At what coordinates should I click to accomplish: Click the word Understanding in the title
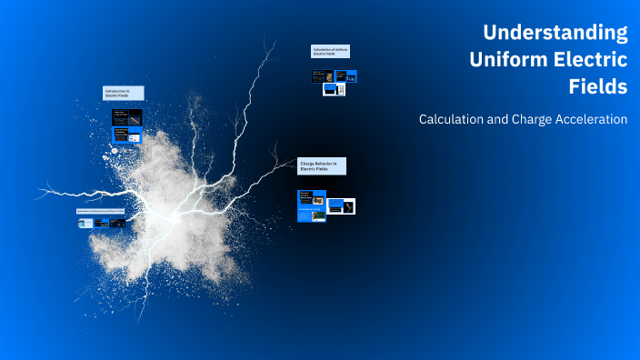coord(555,34)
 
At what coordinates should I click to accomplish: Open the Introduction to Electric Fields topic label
coord(123,93)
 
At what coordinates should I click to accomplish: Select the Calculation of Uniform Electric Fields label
coord(330,52)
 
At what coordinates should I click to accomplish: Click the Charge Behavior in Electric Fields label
coord(321,165)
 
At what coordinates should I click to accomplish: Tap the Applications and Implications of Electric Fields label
coord(100,211)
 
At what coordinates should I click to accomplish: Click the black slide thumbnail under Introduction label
coord(126,116)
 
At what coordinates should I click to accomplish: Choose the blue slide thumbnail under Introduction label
coord(126,135)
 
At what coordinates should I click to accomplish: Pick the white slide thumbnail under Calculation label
coord(335,90)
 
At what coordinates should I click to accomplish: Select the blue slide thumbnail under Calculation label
coord(346,76)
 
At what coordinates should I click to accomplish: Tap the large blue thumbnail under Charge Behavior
coord(312,205)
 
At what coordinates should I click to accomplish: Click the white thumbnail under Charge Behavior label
coord(342,206)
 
